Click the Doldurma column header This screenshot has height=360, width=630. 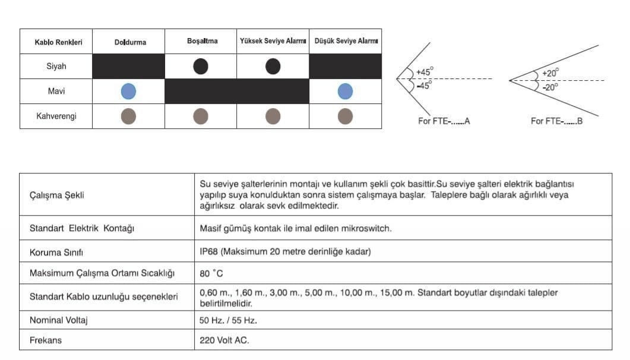[x=130, y=42]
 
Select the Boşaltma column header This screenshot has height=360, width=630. [x=201, y=42]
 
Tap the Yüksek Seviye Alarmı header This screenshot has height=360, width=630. [x=273, y=42]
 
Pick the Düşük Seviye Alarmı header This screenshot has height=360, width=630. [x=346, y=42]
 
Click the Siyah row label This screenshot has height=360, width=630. [x=56, y=67]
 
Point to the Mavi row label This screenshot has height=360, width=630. [x=56, y=91]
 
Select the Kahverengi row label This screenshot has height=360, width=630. [x=56, y=116]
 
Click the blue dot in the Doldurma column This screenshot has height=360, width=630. [x=128, y=91]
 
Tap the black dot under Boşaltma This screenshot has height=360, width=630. [x=201, y=67]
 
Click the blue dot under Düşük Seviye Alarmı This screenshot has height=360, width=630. [x=345, y=91]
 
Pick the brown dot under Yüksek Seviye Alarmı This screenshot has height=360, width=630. [x=273, y=116]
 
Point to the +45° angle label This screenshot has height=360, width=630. [x=425, y=72]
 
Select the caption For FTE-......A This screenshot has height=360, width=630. [x=444, y=121]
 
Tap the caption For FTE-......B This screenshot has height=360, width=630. [x=556, y=121]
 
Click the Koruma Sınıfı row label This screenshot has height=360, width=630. [x=56, y=252]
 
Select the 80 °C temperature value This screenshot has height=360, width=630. [x=212, y=274]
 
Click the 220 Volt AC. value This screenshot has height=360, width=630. [x=225, y=340]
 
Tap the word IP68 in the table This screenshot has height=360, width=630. [x=209, y=252]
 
